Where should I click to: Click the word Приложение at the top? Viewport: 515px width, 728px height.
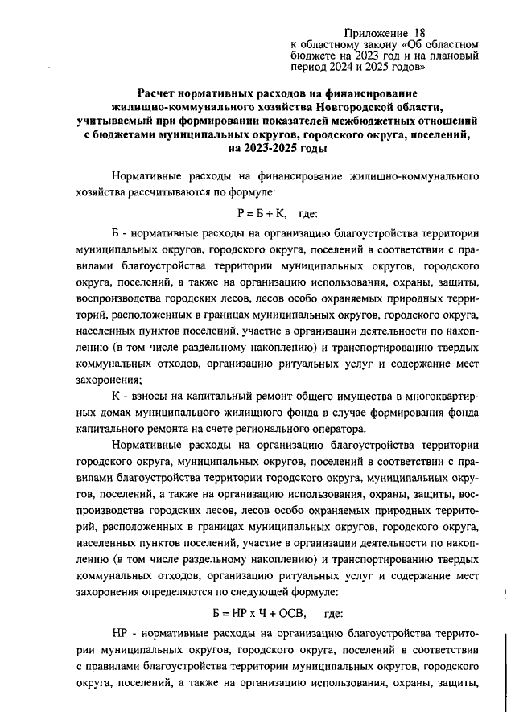pos(376,31)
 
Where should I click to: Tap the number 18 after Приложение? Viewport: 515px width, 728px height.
pos(419,31)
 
